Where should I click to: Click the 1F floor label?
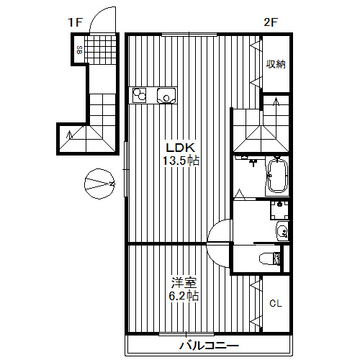[76, 22]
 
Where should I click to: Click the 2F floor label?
[271, 22]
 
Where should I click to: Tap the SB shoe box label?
[79, 50]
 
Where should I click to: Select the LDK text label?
[181, 148]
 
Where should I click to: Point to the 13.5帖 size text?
[181, 161]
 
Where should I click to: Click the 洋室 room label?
[184, 283]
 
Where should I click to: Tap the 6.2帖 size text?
[184, 296]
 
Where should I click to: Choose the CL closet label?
[275, 304]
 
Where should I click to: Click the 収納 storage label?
[276, 64]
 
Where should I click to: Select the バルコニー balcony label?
[209, 346]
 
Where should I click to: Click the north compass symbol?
[99, 184]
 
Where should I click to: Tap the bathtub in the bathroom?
[277, 176]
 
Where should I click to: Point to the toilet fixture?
[270, 258]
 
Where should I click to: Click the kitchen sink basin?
[166, 95]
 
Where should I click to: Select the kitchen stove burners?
[140, 95]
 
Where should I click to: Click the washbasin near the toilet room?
[282, 231]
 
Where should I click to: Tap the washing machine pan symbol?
[279, 210]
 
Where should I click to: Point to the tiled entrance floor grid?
[101, 50]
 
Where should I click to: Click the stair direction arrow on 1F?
[70, 135]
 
